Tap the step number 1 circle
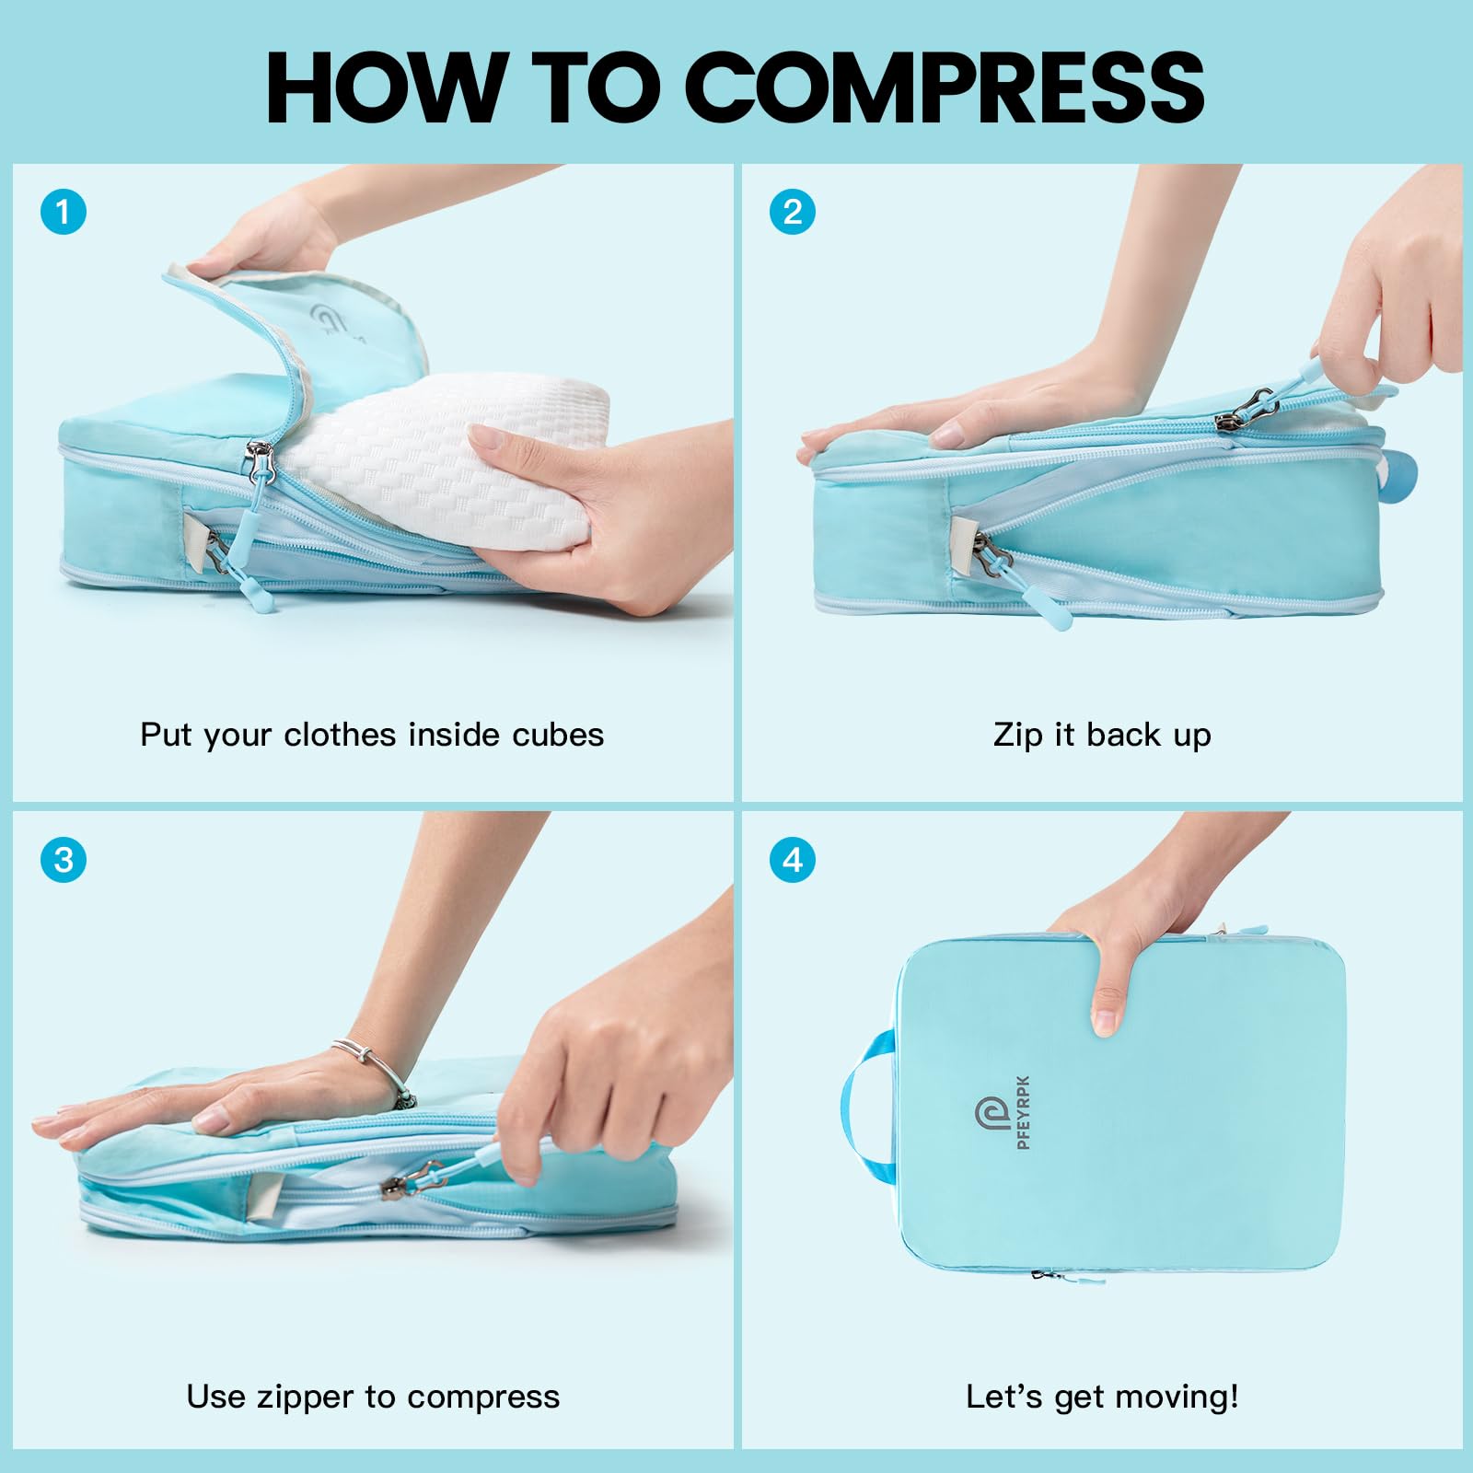click(64, 213)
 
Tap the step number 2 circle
click(793, 213)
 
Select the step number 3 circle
click(64, 860)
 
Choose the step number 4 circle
click(793, 860)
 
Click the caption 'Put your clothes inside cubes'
click(372, 735)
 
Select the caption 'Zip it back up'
click(1102, 735)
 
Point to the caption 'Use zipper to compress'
click(373, 1397)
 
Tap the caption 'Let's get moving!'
click(1102, 1397)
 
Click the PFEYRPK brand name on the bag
click(1024, 1112)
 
